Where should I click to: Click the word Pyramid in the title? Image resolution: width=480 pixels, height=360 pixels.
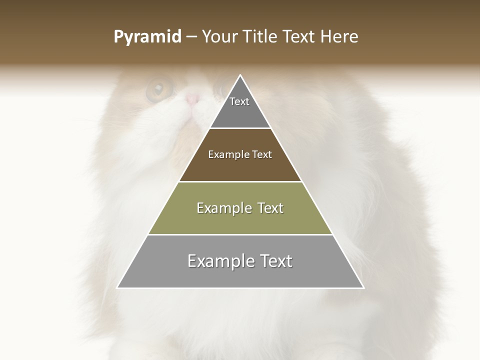point(147,37)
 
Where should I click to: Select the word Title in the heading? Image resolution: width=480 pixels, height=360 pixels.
point(261,37)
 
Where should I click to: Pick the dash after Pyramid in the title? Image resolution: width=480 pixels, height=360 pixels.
point(191,37)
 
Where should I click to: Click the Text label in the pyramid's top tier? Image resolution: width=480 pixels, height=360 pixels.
point(239,101)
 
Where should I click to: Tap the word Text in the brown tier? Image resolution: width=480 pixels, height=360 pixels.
point(262,155)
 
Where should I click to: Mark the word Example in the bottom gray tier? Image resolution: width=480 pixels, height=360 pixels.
point(220,261)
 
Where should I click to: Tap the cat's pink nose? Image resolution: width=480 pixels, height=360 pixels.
point(192,98)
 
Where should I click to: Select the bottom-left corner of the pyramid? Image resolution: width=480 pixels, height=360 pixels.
point(118,287)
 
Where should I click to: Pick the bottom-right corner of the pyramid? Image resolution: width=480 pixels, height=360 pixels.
point(363,287)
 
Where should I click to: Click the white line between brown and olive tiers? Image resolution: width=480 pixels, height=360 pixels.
point(240,181)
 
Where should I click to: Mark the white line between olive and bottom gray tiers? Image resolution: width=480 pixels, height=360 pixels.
point(240,234)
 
